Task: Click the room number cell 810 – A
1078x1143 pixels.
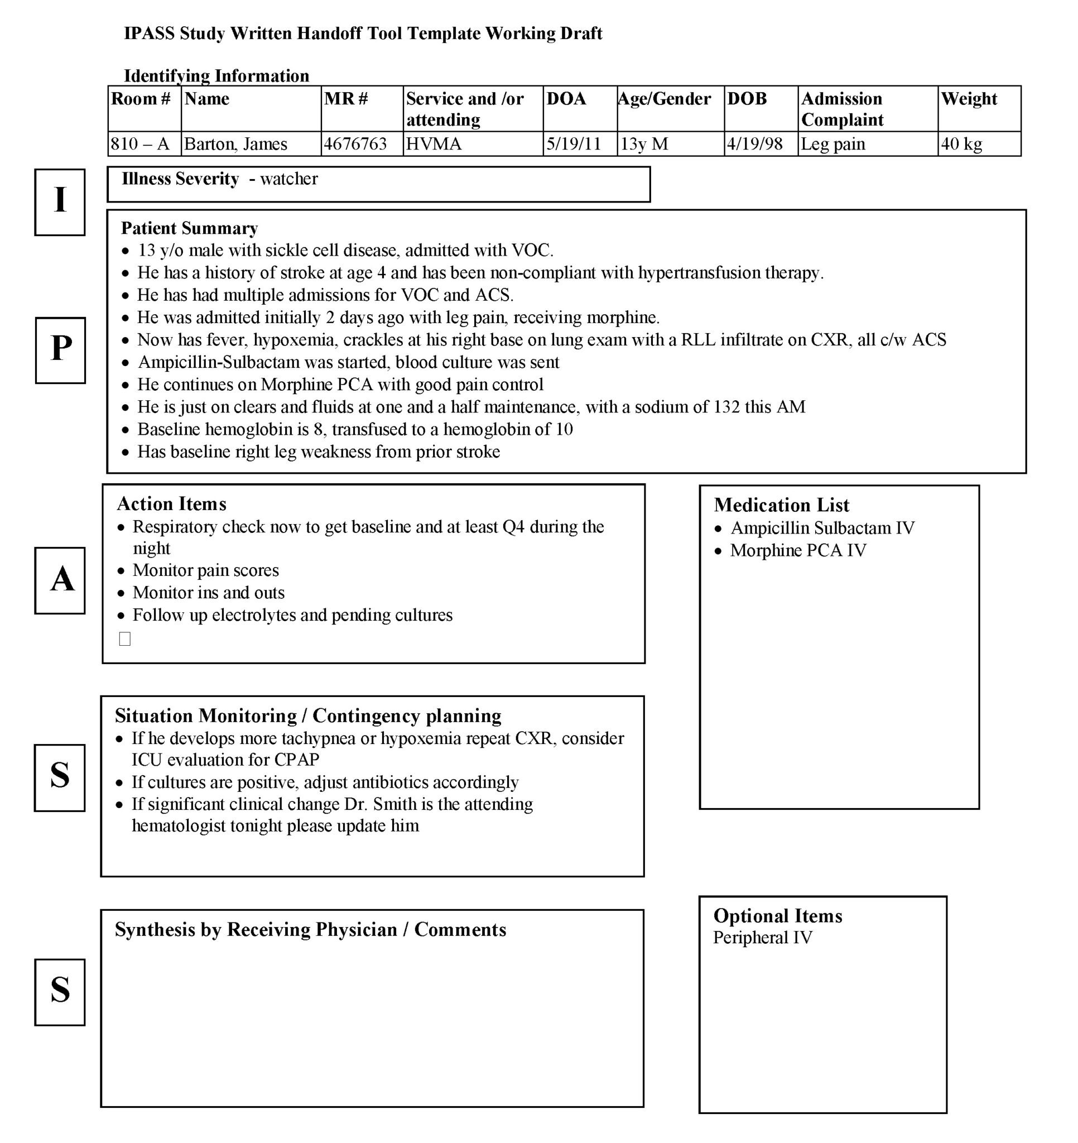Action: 140,144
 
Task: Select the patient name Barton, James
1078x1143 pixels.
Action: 235,144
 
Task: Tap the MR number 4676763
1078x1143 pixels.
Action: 355,144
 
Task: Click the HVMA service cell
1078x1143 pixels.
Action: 434,144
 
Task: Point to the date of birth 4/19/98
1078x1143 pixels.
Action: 755,144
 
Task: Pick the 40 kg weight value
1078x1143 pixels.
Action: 961,144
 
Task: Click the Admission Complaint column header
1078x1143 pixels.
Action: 843,109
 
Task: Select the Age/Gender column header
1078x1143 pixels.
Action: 665,99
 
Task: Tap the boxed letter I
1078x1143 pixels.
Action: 60,202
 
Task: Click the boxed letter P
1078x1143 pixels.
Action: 60,350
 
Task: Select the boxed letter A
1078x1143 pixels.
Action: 60,580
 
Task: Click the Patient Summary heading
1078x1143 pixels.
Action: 189,228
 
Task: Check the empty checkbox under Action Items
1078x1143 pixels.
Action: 125,639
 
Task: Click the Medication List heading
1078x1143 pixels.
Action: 781,505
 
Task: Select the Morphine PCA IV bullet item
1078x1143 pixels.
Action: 798,550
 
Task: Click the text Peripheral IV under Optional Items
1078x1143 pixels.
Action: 762,937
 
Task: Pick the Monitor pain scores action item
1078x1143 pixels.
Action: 206,570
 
